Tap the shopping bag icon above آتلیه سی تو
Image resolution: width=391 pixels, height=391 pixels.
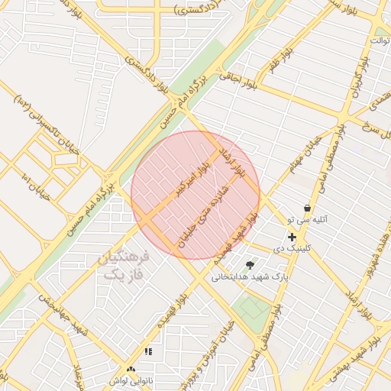coord(307,208)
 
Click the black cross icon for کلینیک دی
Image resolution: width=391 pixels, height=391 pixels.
coord(292,238)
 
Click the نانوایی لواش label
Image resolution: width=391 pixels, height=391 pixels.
coord(131,380)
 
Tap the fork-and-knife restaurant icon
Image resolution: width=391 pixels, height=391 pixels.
coord(149,351)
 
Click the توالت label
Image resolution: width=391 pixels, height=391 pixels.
coord(380,39)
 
